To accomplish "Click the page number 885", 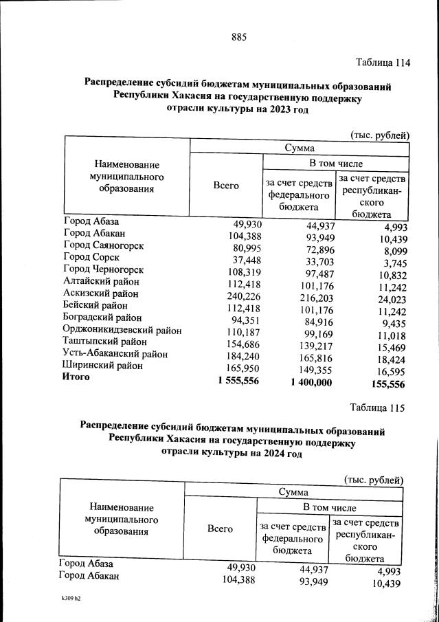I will pyautogui.click(x=239, y=36).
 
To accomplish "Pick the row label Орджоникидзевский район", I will pyautogui.click(x=122, y=330).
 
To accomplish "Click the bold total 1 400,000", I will pyautogui.click(x=306, y=381).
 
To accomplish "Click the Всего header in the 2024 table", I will pyautogui.click(x=220, y=529).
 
